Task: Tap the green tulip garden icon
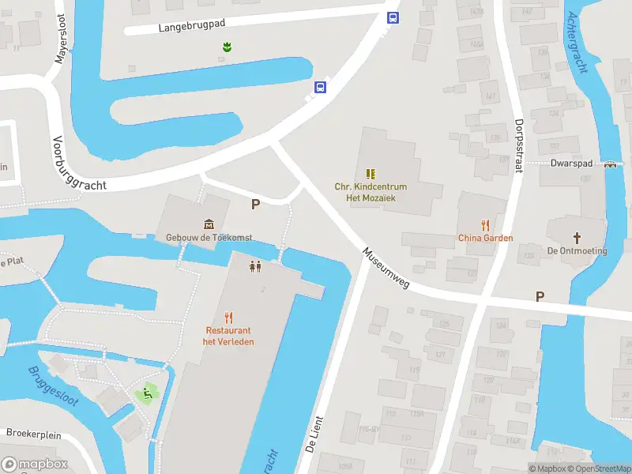pos(228,48)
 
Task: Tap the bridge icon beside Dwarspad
pos(611,165)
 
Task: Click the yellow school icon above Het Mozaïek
pos(371,174)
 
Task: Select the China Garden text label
pos(485,238)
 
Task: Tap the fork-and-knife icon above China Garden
pos(485,225)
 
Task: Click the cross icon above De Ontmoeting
pos(577,238)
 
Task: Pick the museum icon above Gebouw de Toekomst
pos(209,224)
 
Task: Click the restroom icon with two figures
pos(255,267)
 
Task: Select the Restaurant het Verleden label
pos(228,336)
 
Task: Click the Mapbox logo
pos(35,465)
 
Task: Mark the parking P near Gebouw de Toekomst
pos(255,205)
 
